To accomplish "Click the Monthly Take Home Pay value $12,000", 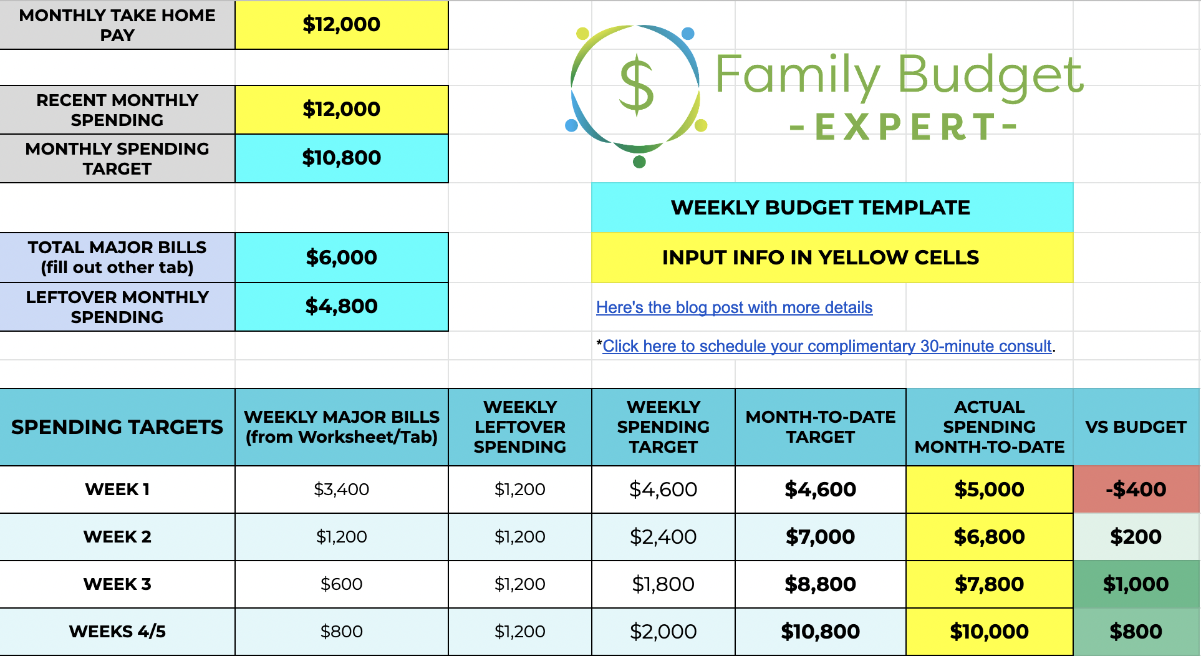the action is (341, 24).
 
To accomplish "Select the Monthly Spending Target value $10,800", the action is (341, 158).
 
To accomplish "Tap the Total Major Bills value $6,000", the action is (341, 258).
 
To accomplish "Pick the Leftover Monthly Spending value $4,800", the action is (341, 306).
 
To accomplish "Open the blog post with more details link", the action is (734, 307).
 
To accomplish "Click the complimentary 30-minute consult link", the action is (827, 346).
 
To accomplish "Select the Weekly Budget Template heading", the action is (820, 208).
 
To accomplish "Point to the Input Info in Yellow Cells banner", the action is (820, 258).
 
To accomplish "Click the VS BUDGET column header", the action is (1136, 427).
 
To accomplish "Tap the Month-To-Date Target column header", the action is (820, 427).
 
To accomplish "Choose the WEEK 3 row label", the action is (117, 584).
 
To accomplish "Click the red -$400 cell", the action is (1136, 490).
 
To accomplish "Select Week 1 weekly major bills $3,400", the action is (341, 490).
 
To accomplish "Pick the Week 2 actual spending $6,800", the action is (989, 537).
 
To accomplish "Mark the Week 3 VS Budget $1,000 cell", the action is (1136, 584).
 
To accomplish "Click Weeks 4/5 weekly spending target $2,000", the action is (663, 632).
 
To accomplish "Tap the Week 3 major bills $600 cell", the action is (341, 584).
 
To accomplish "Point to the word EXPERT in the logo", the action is (904, 127).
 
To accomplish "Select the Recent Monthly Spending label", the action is (117, 110).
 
